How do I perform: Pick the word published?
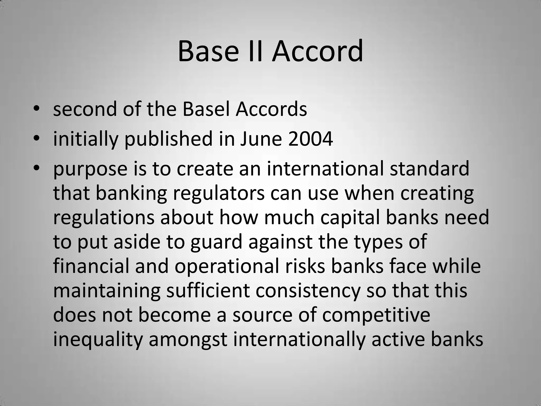[x=168, y=140]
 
